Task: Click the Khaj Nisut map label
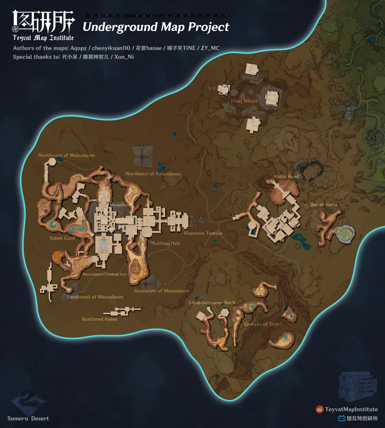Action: tap(244, 101)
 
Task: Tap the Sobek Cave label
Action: tap(62, 238)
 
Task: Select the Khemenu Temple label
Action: tap(203, 233)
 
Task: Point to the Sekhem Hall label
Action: tap(166, 243)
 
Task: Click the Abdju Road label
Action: tap(286, 177)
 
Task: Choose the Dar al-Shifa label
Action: tap(323, 205)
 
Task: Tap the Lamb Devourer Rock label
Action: tap(212, 303)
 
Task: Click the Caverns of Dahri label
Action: tap(263, 324)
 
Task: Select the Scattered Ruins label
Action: tap(99, 319)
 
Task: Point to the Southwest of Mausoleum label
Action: tap(95, 297)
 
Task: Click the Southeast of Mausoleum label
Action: tap(162, 291)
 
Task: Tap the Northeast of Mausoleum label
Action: tap(153, 174)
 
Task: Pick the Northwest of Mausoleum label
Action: tap(67, 155)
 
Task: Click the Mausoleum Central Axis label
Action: tap(105, 275)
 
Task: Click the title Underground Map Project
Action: tap(156, 27)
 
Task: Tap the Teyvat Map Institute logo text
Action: tap(43, 38)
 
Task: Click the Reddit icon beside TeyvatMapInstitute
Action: tap(319, 410)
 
